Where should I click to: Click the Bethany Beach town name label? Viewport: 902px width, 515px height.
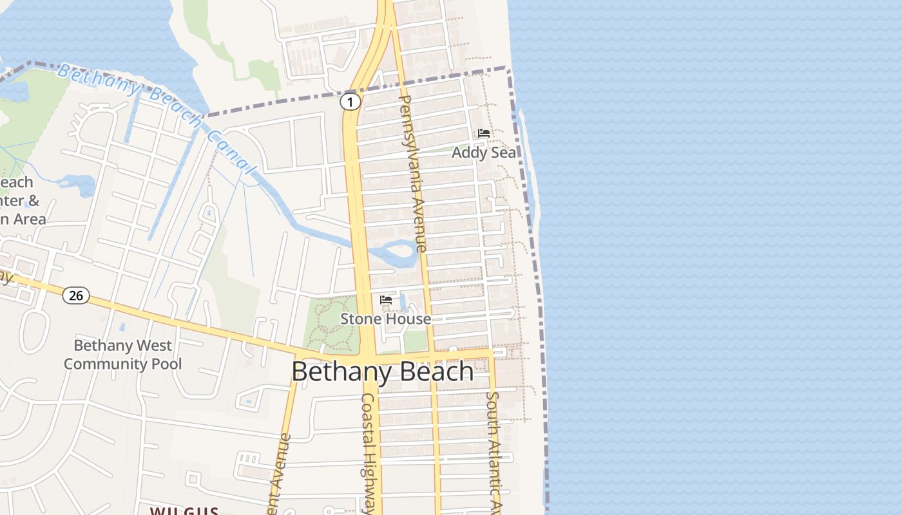(383, 372)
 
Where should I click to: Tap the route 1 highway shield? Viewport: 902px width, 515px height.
(350, 102)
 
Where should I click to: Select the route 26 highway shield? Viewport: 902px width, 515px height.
(76, 295)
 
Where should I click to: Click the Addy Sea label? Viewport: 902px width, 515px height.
(484, 153)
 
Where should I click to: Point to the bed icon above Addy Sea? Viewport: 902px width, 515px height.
(484, 133)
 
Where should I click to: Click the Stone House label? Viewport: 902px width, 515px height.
(385, 319)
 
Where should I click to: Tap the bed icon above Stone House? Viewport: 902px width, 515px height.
(386, 300)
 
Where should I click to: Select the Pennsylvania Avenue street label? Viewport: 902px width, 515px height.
(414, 174)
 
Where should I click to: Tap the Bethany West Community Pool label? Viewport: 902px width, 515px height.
(122, 355)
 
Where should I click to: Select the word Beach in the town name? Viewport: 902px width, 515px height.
(436, 372)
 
